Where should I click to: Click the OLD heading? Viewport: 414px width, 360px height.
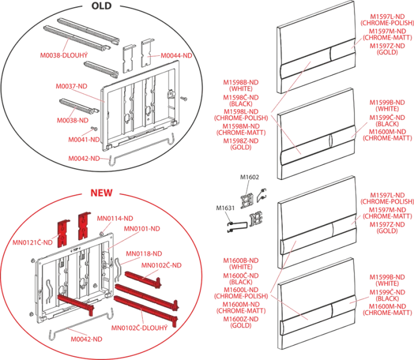tap(101, 6)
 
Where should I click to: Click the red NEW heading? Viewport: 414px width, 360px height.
tap(101, 193)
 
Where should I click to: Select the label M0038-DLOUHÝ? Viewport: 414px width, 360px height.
tap(64, 55)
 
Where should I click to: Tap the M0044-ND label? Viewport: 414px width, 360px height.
tap(176, 55)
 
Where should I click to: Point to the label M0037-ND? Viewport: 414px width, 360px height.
tap(71, 86)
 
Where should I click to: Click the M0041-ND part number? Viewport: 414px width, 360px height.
tap(84, 139)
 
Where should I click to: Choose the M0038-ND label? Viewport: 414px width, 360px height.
tap(73, 121)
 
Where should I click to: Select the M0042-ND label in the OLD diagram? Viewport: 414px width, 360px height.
tap(84, 158)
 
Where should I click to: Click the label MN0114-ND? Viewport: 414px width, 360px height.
tap(115, 218)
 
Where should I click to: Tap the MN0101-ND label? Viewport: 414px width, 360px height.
tap(142, 229)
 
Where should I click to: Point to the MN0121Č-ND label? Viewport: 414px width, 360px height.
tap(32, 242)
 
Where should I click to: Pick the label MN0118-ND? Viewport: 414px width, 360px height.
tap(144, 254)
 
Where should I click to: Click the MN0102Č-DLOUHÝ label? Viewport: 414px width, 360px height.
tap(139, 328)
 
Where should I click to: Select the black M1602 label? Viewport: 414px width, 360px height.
tap(250, 177)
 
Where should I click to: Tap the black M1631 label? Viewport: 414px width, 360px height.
tap(225, 208)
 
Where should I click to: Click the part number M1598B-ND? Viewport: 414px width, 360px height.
tap(241, 82)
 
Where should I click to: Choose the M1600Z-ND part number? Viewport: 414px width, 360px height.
tap(241, 319)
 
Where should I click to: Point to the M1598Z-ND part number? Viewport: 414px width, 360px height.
tap(241, 141)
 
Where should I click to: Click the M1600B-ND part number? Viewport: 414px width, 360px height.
tap(241, 260)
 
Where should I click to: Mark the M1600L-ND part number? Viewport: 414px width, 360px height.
tap(241, 290)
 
